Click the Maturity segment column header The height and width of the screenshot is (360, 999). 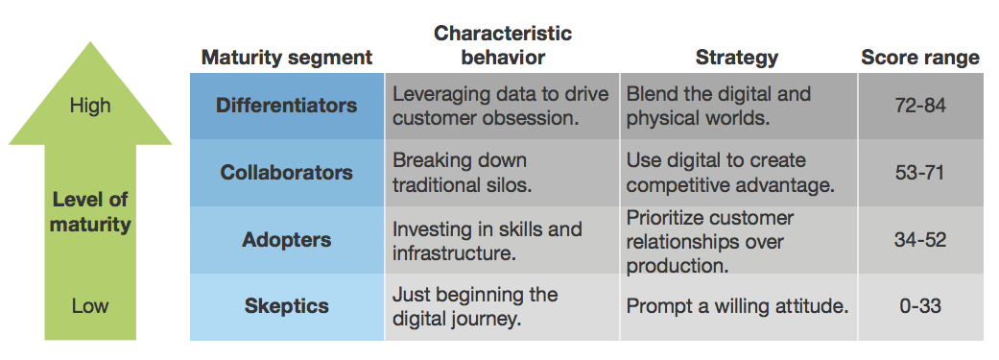[287, 58]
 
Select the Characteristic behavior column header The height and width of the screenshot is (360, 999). [502, 45]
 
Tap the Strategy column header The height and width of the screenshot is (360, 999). [736, 58]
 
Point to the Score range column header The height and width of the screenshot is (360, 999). [920, 58]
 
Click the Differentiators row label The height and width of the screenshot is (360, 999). [287, 106]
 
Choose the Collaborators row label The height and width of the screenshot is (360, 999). [287, 173]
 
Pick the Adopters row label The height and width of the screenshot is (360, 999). [287, 240]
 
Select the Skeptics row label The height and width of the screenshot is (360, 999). [287, 307]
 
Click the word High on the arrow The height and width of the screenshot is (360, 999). [90, 106]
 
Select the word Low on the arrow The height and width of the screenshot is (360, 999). [90, 307]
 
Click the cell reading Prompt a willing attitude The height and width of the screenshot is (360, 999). [737, 307]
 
